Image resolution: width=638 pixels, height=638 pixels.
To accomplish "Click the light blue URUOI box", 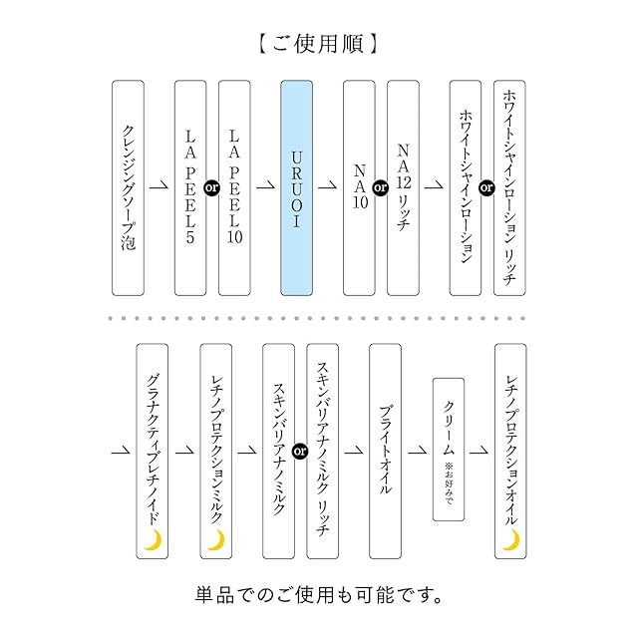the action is click(x=297, y=188).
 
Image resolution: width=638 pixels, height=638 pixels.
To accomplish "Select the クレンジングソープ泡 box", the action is click(x=129, y=188).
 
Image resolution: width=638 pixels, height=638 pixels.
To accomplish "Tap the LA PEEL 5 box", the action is click(x=190, y=188).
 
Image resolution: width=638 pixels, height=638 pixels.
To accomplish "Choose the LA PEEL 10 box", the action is click(x=234, y=188).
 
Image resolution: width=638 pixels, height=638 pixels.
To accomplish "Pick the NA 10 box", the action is click(x=359, y=188).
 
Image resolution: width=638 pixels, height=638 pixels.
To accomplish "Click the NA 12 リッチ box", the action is click(x=403, y=188).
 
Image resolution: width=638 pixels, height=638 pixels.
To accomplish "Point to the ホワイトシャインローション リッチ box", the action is click(x=509, y=188).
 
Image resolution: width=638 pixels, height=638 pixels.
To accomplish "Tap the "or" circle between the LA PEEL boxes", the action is click(x=212, y=188).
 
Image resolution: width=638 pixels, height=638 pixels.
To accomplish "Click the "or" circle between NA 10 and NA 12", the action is click(x=381, y=188).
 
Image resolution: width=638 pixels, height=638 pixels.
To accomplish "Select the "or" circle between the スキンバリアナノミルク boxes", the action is click(x=300, y=452).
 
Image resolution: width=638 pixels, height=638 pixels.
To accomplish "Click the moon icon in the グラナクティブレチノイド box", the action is click(x=153, y=540).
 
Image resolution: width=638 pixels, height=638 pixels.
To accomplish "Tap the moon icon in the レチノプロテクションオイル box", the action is click(x=511, y=540).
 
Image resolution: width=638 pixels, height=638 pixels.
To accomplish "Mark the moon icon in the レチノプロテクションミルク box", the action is click(x=217, y=540).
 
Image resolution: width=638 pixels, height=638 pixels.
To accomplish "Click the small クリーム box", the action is click(x=449, y=450).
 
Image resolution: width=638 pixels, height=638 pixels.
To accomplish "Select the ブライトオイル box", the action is click(x=386, y=452).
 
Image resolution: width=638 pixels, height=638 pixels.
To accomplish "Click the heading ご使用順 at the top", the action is click(x=319, y=44).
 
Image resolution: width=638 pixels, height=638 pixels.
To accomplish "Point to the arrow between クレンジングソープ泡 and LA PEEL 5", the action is click(x=159, y=185).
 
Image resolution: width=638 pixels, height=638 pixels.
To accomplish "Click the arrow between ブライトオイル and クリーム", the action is click(x=418, y=450).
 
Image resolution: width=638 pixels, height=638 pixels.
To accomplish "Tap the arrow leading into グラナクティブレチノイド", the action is click(x=121, y=450).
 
